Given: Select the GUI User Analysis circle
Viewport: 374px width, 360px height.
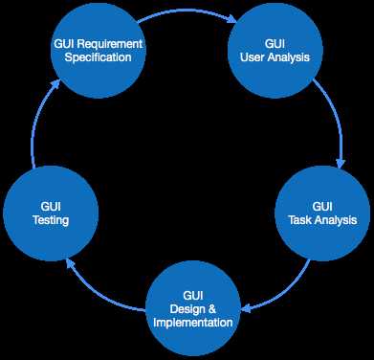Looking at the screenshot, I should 275,52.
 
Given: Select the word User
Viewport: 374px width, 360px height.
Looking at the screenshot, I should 260,58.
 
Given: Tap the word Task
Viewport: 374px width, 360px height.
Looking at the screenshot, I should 300,220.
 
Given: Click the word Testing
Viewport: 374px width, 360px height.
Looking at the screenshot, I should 50,220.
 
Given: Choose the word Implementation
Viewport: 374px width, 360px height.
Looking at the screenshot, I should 192,323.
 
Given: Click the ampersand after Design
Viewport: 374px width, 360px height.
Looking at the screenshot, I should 212,308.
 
